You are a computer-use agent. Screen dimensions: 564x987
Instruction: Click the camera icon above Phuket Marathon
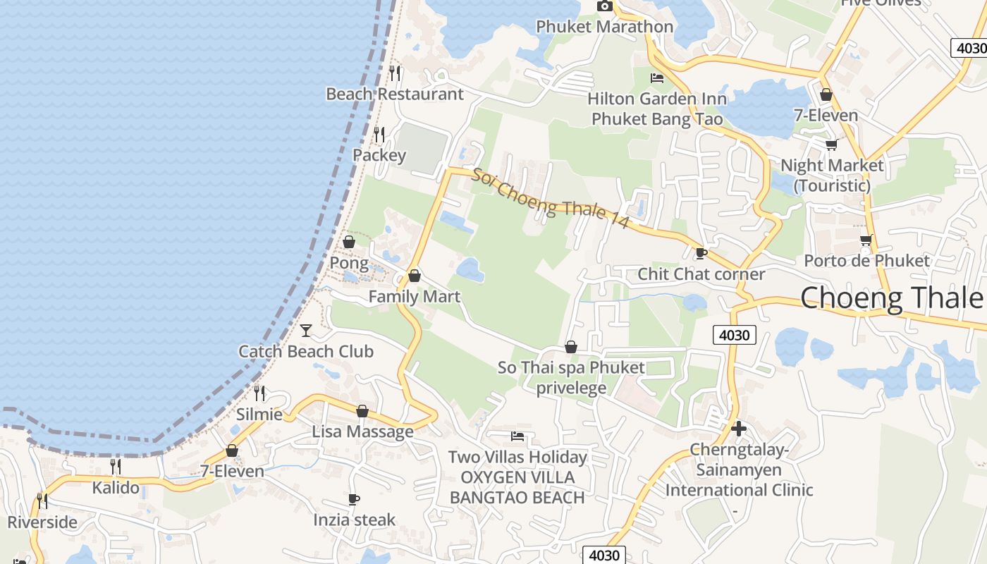pos(604,6)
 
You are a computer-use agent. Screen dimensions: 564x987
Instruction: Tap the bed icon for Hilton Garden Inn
pos(657,78)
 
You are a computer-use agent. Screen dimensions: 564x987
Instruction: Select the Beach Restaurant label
pos(395,94)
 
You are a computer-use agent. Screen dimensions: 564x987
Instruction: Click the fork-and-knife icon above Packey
pos(379,133)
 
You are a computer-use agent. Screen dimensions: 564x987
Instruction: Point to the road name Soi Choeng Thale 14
pos(550,198)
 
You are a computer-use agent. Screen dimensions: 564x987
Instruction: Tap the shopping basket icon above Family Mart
pos(415,275)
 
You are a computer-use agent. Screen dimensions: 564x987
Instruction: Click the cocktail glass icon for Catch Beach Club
pos(306,330)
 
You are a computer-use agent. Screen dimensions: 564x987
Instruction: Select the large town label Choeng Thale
pos(891,298)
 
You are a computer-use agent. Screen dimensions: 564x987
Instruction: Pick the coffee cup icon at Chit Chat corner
pos(701,253)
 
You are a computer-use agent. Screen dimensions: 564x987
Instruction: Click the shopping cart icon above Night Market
pos(832,145)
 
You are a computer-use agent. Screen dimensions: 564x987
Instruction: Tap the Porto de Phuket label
pos(866,261)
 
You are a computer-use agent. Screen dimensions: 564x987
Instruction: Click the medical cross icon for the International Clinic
pos(739,429)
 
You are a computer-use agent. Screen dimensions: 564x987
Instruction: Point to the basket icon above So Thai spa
pos(571,347)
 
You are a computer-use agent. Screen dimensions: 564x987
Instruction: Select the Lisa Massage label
pos(363,431)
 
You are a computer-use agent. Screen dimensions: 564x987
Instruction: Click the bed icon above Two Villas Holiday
pos(517,436)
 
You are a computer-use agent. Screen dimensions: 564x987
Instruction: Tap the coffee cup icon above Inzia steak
pos(354,499)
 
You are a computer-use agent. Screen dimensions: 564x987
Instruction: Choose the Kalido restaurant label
pos(116,487)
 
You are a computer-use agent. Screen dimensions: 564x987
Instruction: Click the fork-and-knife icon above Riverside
pos(42,501)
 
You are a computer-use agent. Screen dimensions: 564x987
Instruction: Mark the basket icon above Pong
pos(349,242)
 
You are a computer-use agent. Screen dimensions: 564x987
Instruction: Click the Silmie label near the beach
pos(259,415)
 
